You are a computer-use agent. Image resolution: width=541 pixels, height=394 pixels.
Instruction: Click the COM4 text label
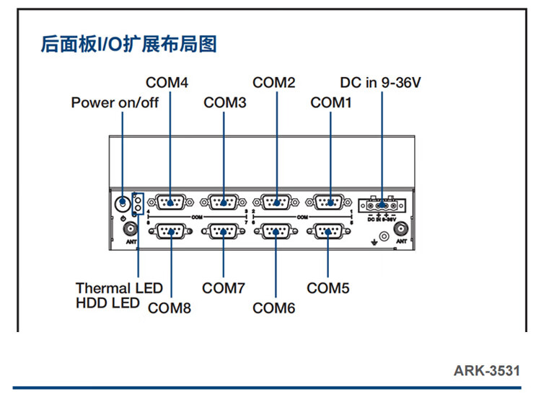coord(167,83)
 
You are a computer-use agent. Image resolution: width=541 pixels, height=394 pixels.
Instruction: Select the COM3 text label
coord(225,102)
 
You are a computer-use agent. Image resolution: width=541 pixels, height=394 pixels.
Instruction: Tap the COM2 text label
coord(274,83)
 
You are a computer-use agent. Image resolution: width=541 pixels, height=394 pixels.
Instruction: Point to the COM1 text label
coord(331,102)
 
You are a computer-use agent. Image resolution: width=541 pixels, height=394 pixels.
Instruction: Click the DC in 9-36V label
coord(381,83)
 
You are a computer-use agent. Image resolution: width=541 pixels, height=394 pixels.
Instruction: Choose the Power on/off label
coord(115,102)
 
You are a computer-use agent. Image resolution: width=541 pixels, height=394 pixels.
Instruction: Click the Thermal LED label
coord(119,288)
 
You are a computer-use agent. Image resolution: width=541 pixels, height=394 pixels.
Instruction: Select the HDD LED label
coord(107,303)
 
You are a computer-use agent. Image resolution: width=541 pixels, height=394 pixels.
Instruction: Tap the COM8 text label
coord(170,308)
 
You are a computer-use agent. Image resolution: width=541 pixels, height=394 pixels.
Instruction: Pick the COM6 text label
coord(274,308)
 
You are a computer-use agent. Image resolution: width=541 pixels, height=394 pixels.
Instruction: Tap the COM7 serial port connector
coord(224,232)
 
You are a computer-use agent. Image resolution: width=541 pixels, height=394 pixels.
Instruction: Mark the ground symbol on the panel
coord(374,241)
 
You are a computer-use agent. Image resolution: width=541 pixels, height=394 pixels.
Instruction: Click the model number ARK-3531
coord(486,371)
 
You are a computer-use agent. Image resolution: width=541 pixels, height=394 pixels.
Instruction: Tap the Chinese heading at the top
coord(129,44)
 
